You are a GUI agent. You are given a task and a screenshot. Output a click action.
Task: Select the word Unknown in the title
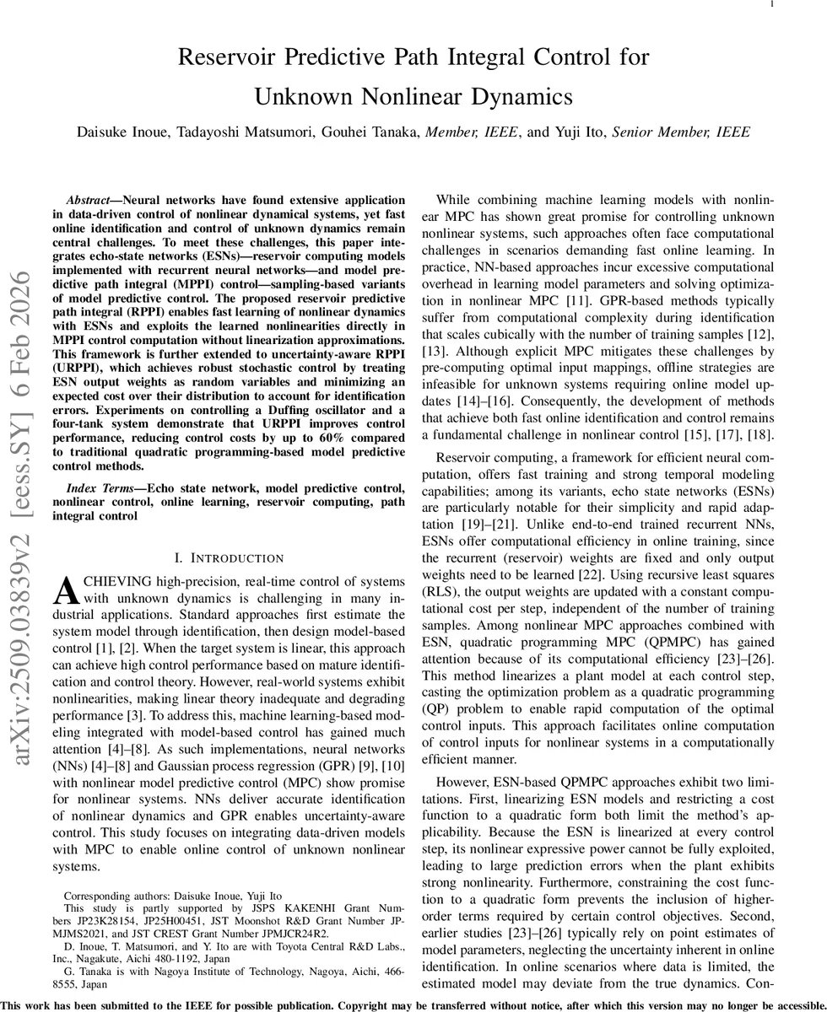pos(306,97)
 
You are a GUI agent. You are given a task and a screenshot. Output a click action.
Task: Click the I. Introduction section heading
pos(228,558)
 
